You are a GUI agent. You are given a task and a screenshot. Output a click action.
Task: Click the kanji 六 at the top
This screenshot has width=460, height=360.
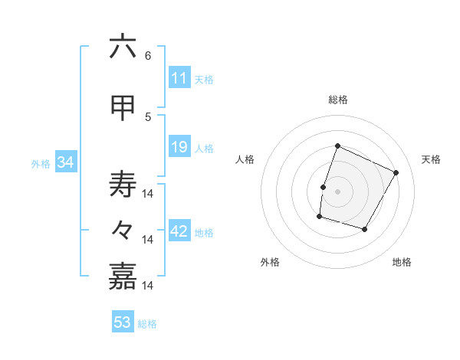[123, 47]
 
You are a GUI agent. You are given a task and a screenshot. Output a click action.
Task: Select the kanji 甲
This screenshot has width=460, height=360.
[123, 108]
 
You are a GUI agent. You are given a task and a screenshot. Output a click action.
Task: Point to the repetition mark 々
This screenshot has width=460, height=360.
[123, 230]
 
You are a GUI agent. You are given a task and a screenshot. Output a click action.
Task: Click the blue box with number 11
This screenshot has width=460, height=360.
[179, 78]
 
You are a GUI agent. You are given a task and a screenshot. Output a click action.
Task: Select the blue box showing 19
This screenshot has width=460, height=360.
[179, 147]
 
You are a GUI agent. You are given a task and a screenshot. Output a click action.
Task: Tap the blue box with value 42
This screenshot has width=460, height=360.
[179, 231]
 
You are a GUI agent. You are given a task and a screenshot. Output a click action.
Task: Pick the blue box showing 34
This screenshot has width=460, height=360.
[65, 162]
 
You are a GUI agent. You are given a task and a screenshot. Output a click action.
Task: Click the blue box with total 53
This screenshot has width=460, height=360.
[123, 322]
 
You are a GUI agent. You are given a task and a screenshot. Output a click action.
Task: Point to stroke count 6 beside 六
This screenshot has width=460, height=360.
[148, 55]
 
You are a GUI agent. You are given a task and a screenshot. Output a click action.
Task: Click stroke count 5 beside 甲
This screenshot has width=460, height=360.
[148, 116]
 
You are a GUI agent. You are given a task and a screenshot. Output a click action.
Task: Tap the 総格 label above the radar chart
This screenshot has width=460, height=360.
[337, 100]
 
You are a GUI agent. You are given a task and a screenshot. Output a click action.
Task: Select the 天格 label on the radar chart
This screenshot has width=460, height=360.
[431, 159]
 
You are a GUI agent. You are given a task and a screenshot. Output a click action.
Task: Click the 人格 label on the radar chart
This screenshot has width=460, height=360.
[245, 159]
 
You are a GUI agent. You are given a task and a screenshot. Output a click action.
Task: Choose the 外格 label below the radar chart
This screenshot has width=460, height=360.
[270, 262]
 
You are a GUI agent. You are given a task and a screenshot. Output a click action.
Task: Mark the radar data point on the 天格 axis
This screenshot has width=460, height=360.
[396, 172]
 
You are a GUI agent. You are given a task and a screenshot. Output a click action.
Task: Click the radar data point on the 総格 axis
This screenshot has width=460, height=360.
[337, 146]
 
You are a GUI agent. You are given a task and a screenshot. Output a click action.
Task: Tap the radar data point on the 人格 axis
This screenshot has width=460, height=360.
[323, 187]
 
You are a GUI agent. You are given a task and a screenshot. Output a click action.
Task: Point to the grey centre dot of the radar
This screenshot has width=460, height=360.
[337, 191]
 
